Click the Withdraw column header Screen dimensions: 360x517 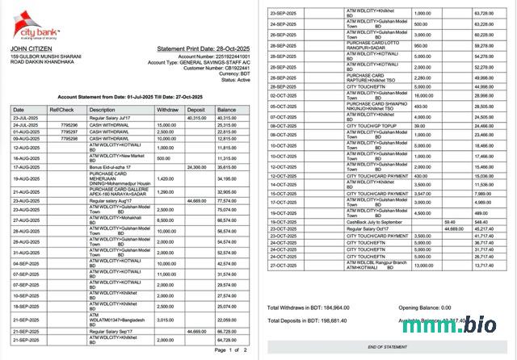(167, 109)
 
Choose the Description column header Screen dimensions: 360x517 (103, 109)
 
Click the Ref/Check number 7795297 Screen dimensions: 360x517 (69, 132)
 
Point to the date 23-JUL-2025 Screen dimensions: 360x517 (27, 118)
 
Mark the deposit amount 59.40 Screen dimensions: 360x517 (450, 221)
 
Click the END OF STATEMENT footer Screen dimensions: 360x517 (387, 346)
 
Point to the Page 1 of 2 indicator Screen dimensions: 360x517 (232, 350)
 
